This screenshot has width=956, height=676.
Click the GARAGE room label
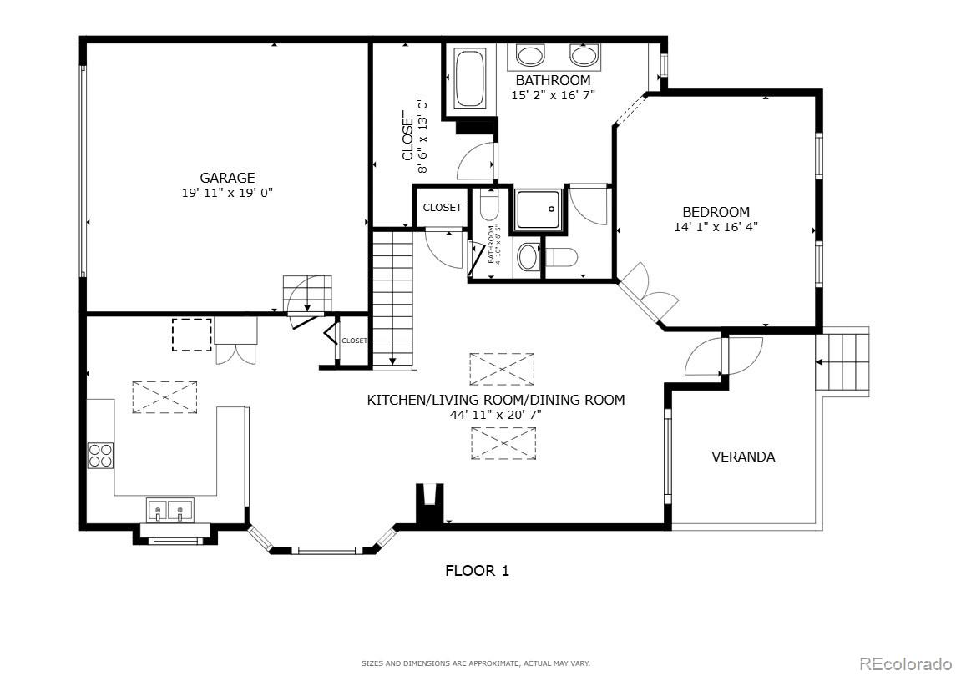click(x=227, y=178)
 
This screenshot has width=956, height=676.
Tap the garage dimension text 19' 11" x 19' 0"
click(x=227, y=192)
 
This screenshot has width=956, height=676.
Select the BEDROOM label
click(x=716, y=212)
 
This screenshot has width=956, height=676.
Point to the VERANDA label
click(x=743, y=457)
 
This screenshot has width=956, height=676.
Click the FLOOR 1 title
click(x=477, y=571)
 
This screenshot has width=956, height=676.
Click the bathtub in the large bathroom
click(x=469, y=78)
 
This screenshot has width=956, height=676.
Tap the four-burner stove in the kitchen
click(x=101, y=456)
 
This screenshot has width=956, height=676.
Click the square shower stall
click(x=538, y=209)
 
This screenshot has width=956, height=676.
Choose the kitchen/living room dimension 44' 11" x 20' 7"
click(x=496, y=414)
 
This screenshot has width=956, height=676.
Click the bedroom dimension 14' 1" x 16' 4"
click(x=716, y=226)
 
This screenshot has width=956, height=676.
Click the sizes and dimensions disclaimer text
click(x=475, y=663)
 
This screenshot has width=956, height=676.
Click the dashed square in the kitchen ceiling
click(x=191, y=335)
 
